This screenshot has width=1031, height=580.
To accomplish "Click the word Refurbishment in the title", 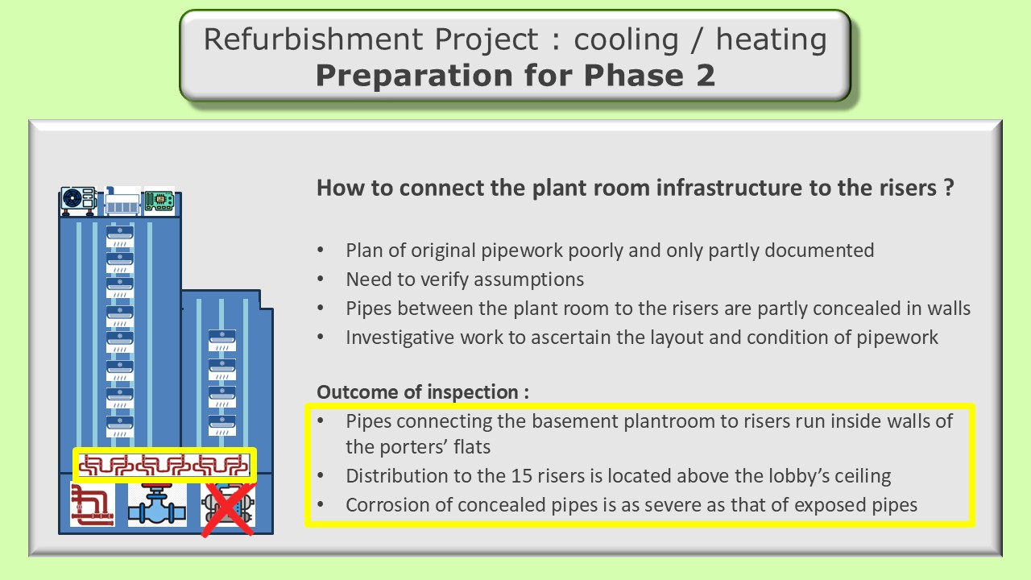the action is click(x=313, y=39).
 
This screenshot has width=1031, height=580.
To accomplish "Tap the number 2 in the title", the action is click(x=706, y=75).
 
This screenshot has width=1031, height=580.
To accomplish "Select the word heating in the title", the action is click(x=772, y=40).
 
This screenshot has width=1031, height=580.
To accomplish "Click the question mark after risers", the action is click(x=949, y=188).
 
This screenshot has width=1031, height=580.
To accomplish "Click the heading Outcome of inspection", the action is click(x=423, y=392).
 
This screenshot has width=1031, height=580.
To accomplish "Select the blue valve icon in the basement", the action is click(x=157, y=505).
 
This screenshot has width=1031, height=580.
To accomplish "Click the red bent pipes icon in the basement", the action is click(x=93, y=505).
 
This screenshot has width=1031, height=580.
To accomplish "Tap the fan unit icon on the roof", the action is click(x=79, y=201).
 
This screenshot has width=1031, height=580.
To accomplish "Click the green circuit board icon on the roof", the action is click(x=159, y=201).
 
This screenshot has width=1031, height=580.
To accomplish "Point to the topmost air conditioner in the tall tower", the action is click(x=120, y=237).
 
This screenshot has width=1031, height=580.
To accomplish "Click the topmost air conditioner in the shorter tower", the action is click(x=222, y=341).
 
